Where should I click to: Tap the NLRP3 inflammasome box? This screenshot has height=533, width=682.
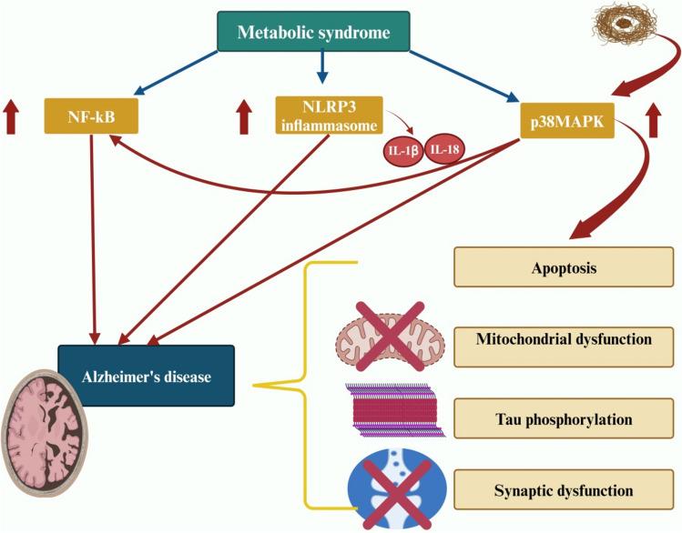pyautogui.click(x=318, y=116)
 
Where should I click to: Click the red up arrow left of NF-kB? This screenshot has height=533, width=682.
pyautogui.click(x=11, y=118)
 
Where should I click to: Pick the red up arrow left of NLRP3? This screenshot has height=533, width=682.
pyautogui.click(x=243, y=118)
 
